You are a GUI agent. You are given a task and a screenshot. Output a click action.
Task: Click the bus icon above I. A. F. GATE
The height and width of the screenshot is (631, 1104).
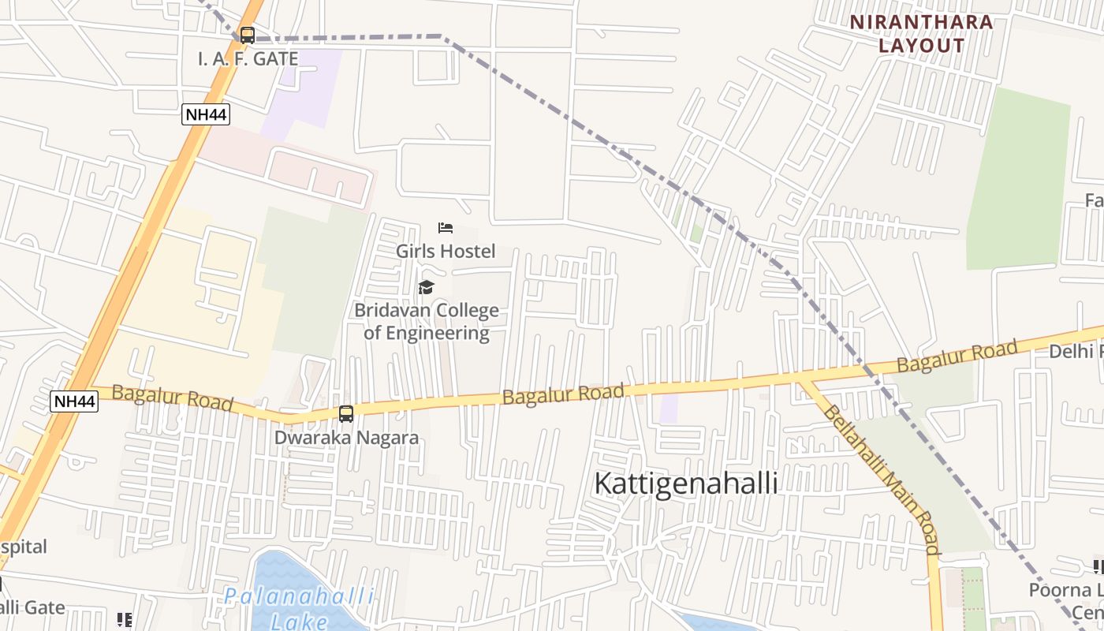tap(248, 35)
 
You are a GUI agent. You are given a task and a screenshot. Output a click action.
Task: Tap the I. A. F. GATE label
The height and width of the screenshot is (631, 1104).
tap(248, 59)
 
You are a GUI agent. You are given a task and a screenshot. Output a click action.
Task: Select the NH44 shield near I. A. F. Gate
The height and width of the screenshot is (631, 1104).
tap(206, 115)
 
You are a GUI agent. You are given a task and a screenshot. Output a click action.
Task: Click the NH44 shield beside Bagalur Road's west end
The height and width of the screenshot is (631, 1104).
tap(74, 401)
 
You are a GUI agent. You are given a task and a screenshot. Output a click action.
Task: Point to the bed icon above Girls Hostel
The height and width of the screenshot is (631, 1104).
tap(446, 229)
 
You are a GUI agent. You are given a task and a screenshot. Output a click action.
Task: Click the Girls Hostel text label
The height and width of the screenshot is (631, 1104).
tap(446, 252)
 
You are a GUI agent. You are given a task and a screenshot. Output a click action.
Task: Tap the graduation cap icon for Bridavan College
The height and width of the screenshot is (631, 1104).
tap(427, 287)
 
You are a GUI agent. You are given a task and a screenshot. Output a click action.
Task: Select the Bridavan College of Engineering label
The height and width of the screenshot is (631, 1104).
tap(427, 322)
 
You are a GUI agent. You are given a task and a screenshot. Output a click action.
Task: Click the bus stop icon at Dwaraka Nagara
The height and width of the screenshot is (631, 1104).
tap(346, 414)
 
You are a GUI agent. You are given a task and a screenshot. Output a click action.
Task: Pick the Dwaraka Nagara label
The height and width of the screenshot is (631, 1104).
tap(346, 437)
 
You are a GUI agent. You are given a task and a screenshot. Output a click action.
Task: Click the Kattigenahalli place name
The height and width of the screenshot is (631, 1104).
tap(685, 484)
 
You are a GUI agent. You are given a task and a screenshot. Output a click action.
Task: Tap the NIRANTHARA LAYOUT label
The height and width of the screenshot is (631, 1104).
tap(922, 34)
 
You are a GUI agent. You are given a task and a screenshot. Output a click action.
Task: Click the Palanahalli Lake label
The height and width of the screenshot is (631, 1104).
tap(298, 607)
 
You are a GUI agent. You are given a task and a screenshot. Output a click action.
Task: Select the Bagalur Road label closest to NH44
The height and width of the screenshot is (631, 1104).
tap(173, 398)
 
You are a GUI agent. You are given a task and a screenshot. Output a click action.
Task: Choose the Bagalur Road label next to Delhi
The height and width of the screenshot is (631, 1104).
tap(957, 357)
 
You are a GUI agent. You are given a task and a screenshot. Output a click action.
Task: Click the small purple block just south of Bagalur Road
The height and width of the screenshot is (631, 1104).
tap(669, 409)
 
